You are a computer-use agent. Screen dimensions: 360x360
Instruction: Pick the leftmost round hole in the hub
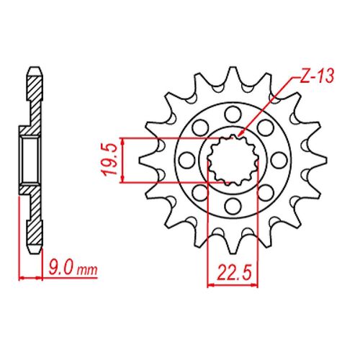184,159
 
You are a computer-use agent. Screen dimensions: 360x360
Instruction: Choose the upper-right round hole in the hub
266,125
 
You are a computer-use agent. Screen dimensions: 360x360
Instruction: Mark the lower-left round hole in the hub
198,193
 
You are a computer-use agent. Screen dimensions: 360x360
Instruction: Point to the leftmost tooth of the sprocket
144,159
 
